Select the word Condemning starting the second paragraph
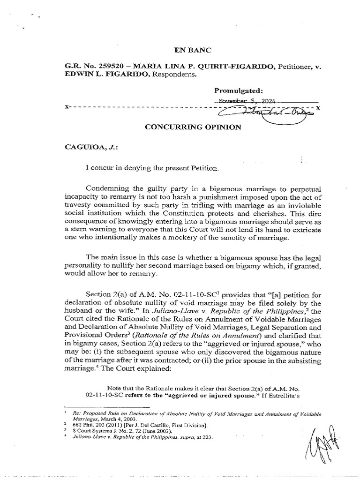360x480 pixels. coord(106,188)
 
